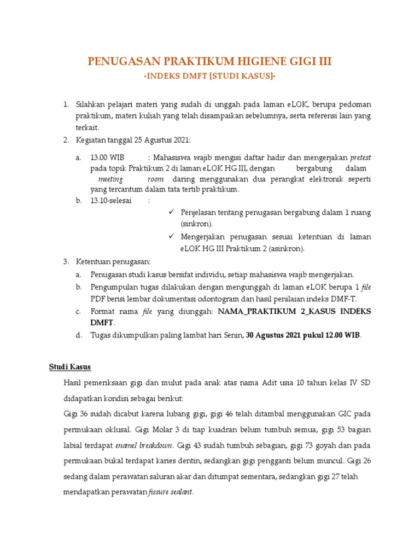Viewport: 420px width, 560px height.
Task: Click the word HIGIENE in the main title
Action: (x=243, y=62)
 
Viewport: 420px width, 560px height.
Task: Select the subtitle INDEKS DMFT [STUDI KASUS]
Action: (x=210, y=75)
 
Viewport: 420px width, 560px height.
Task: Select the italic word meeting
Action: (x=110, y=179)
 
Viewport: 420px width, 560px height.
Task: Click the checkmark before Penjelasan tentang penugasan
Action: (x=171, y=212)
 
